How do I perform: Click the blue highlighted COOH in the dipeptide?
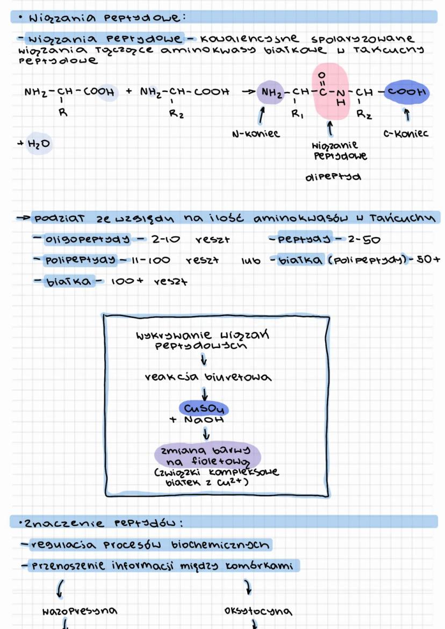406,92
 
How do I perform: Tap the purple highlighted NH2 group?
272,92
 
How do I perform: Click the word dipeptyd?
333,177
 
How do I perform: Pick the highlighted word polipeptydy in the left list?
80,260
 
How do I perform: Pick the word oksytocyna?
259,611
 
